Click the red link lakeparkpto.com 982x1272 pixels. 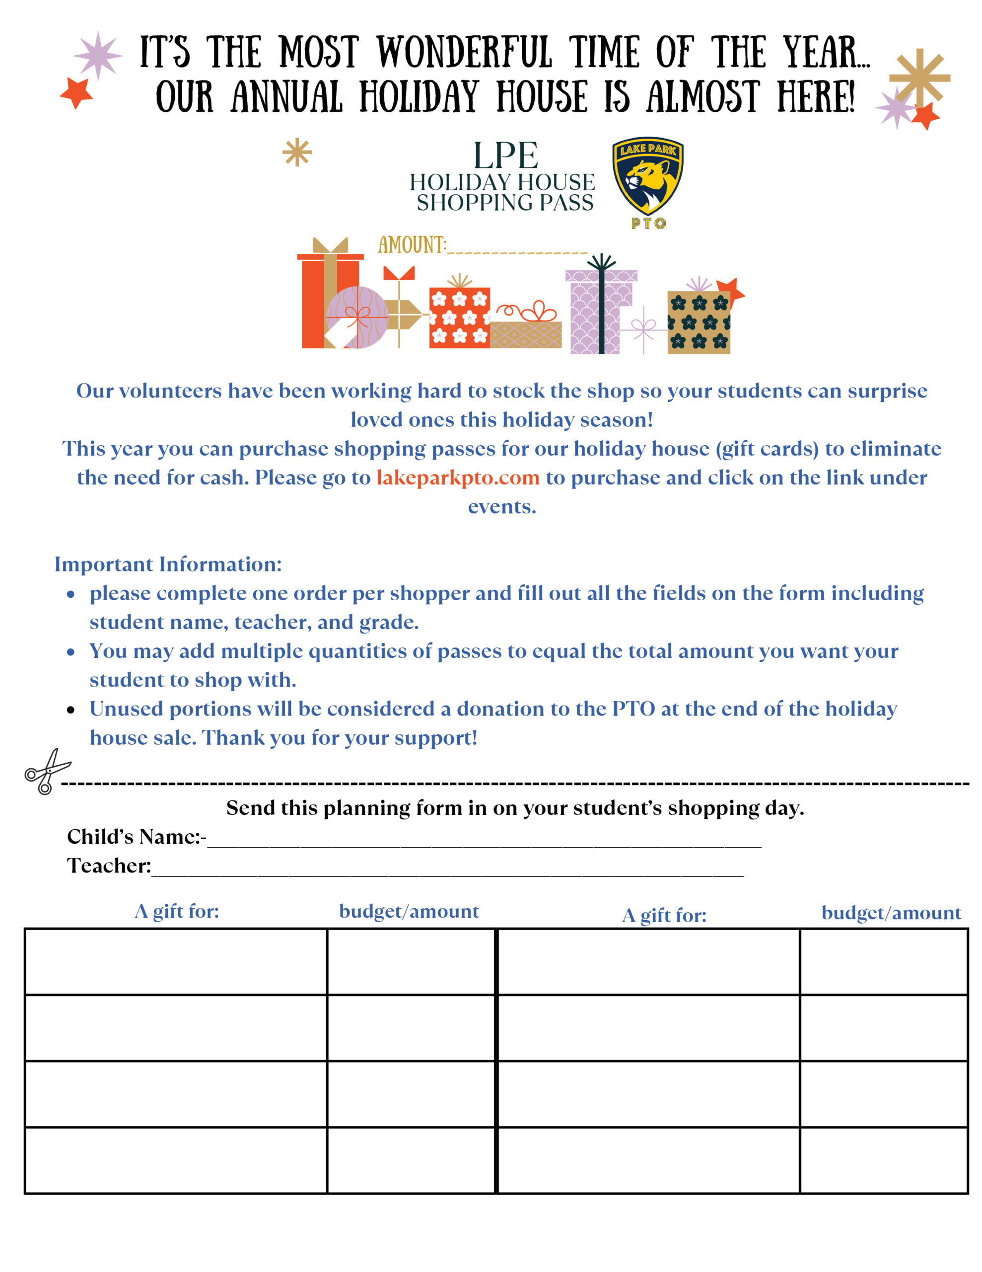(x=458, y=477)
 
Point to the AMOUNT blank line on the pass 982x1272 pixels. (x=517, y=250)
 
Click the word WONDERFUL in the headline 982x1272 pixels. (x=464, y=52)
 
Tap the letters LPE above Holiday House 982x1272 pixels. (x=505, y=156)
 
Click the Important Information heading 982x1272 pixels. (x=168, y=564)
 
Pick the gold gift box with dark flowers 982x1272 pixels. (x=698, y=322)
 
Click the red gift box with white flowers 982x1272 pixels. (x=459, y=318)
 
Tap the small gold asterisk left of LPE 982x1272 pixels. (x=297, y=153)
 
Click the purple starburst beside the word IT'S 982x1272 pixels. (x=98, y=55)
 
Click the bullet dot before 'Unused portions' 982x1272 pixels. (x=71, y=710)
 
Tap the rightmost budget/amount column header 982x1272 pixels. (x=891, y=913)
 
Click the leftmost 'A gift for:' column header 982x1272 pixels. (x=177, y=911)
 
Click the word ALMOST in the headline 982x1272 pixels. (x=703, y=97)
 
